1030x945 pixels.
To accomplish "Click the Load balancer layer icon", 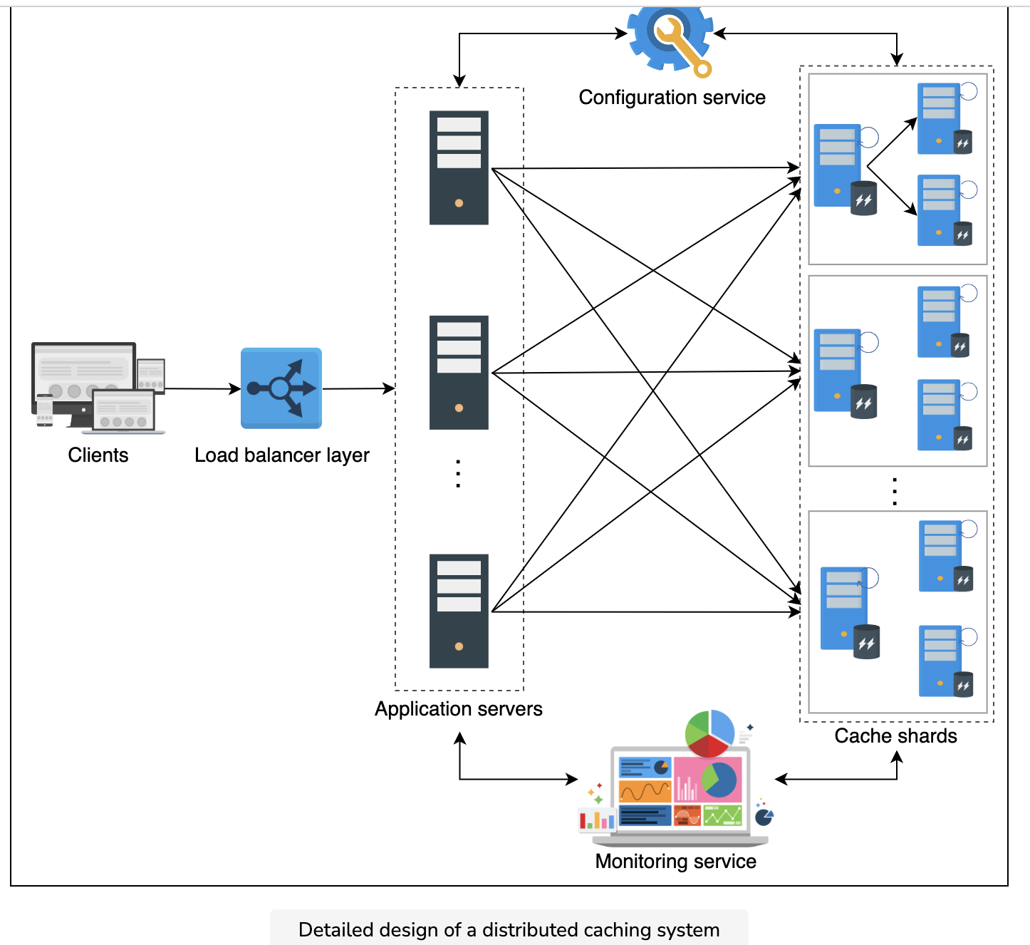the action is (281, 388).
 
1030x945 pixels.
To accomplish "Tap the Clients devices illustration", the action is (98, 388).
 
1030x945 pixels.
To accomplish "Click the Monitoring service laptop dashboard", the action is (677, 778).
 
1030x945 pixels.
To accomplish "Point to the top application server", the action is (459, 167).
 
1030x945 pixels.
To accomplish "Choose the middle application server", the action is (459, 373).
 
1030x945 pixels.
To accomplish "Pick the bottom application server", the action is (459, 611).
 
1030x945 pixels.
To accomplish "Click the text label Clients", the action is (98, 455).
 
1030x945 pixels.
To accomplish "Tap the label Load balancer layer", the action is (282, 456).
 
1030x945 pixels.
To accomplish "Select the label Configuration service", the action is (672, 98).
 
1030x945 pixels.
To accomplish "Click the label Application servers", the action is (459, 709).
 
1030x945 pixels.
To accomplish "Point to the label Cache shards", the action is (895, 736).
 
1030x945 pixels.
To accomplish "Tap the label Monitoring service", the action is (676, 861).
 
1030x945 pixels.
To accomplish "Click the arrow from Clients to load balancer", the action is (203, 388).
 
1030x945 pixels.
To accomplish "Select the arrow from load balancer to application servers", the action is (358, 388).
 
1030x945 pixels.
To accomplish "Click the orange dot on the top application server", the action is (459, 203).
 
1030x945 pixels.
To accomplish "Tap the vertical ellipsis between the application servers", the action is (458, 473).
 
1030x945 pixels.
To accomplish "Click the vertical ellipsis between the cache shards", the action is (895, 492).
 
